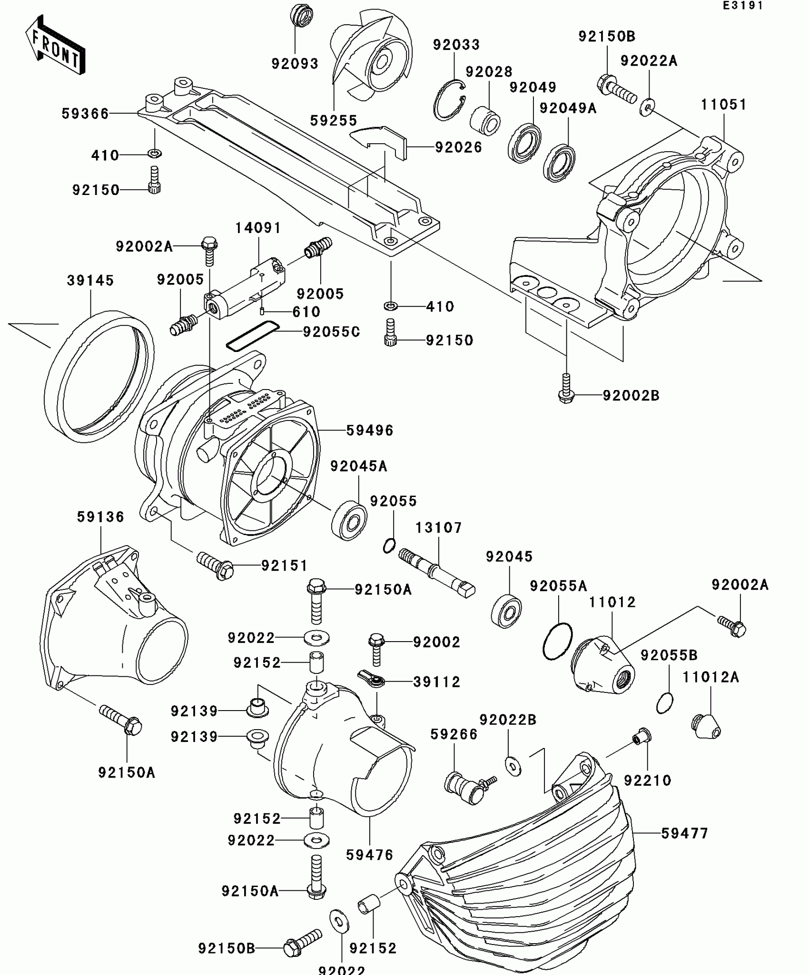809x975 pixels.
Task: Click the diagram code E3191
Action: click(x=742, y=6)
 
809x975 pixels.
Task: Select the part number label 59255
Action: click(x=334, y=121)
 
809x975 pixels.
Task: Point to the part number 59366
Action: click(x=85, y=114)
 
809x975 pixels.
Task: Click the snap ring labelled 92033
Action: click(x=449, y=101)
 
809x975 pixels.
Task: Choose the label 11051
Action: click(x=723, y=105)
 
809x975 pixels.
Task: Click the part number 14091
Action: click(x=258, y=228)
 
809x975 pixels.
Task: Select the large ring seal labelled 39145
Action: click(x=99, y=376)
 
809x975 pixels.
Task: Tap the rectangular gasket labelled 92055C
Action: click(x=252, y=336)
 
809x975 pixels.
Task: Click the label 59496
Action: click(x=370, y=430)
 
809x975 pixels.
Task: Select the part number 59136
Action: click(x=100, y=517)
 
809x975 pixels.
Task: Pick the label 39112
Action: click(x=436, y=682)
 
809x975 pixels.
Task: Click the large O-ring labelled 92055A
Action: click(x=557, y=641)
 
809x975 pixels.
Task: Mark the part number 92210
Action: click(x=647, y=780)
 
